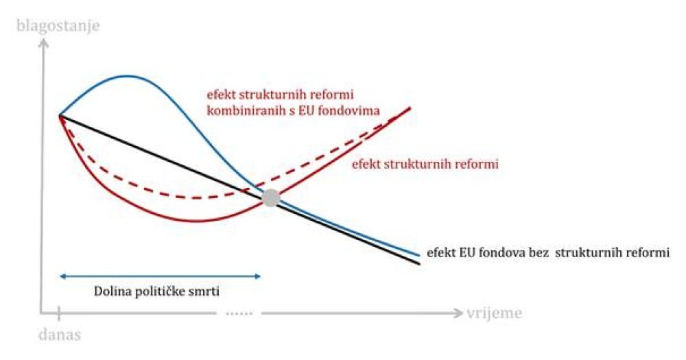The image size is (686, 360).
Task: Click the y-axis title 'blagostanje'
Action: coord(58,26)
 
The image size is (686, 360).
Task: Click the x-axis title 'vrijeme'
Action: coord(495,313)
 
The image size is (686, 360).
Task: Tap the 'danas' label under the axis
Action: coord(60,335)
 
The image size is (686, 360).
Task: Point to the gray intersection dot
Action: coord(271,198)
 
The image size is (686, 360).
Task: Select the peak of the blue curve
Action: coord(127,76)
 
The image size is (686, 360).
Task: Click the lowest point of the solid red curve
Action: coord(193,219)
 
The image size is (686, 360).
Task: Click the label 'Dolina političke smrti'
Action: coord(156,291)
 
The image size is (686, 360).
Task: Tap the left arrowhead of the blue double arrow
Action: coord(62,276)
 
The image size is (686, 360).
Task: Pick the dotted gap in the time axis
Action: coord(239,313)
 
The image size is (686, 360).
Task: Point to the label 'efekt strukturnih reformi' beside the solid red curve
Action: coord(425,164)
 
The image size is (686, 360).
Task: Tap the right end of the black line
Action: coord(419,263)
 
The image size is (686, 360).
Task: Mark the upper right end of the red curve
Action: coord(410,108)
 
